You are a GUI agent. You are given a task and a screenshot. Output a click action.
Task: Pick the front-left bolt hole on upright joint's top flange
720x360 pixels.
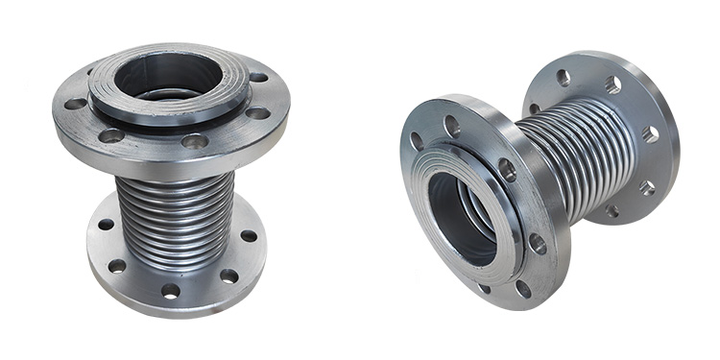tap(112, 135)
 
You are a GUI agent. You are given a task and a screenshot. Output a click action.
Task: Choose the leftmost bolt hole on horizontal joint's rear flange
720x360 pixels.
tap(535, 108)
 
